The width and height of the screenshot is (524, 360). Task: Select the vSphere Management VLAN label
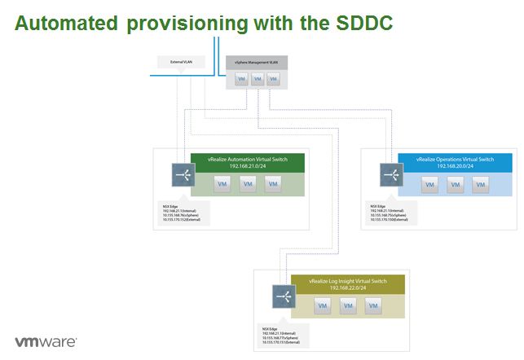tap(257, 62)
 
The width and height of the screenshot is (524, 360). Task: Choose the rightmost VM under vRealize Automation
tap(274, 184)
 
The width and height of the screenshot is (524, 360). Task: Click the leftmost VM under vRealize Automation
tap(222, 184)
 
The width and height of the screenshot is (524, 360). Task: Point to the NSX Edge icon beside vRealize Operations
tap(387, 174)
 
